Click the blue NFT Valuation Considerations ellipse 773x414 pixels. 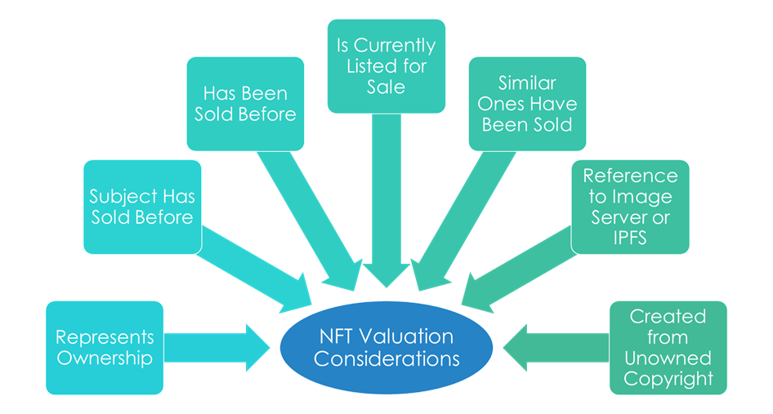[386, 347]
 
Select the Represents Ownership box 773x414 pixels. [104, 348]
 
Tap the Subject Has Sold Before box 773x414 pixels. [141, 207]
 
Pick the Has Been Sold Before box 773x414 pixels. [245, 104]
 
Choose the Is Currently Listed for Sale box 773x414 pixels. [386, 65]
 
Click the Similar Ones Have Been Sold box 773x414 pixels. [527, 104]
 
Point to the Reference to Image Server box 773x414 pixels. [630, 207]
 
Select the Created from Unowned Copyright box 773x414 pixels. [668, 348]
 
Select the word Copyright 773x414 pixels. [668, 379]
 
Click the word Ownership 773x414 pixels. [104, 358]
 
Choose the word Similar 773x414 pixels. [527, 83]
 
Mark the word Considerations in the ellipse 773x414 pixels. [386, 358]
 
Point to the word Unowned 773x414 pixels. [668, 358]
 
